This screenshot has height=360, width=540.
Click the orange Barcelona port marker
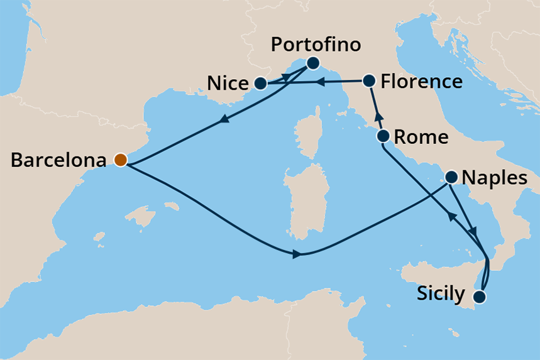click(x=121, y=160)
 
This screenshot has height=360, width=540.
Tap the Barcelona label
click(x=58, y=160)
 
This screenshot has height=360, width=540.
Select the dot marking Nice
click(x=260, y=83)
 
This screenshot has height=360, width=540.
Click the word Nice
click(x=228, y=84)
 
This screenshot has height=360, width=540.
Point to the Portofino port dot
click(x=312, y=63)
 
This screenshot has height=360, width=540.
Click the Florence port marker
click(x=369, y=80)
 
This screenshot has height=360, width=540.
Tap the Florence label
click(x=422, y=82)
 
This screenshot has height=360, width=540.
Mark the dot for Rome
click(x=382, y=136)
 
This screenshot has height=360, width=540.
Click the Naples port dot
click(x=451, y=177)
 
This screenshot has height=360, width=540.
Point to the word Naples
click(x=494, y=178)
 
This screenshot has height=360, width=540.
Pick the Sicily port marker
click(x=480, y=297)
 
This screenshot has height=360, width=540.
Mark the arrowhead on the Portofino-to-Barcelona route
click(x=224, y=121)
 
